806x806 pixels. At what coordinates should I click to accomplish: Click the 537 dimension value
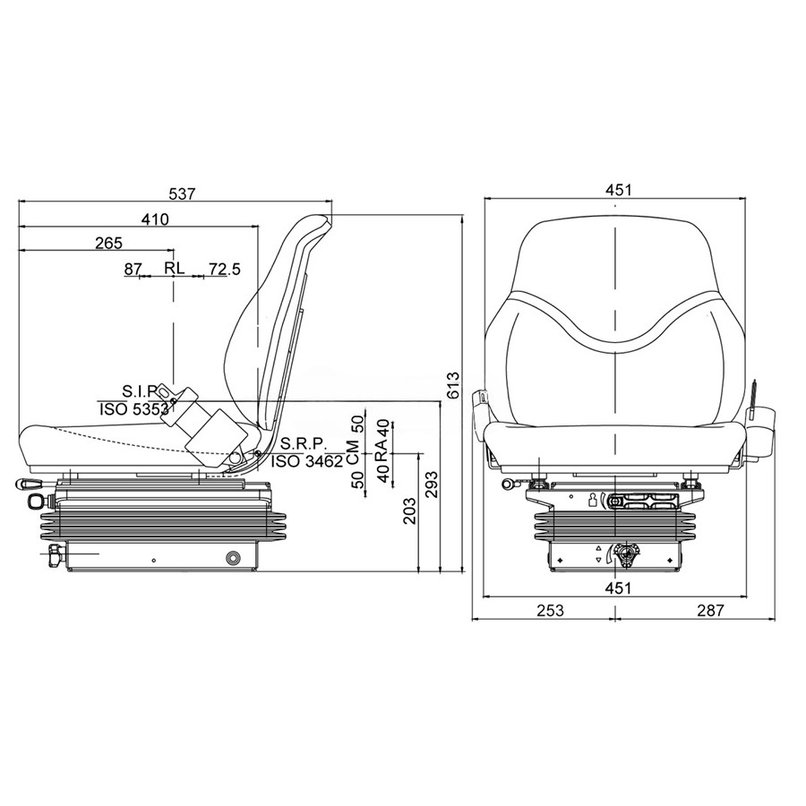pos(183,193)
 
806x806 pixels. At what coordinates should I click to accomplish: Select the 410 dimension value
pos(155,219)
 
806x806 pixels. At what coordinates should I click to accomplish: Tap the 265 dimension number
pos(109,243)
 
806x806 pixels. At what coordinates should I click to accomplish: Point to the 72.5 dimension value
pos(224,269)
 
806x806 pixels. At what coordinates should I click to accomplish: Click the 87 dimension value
pos(133,269)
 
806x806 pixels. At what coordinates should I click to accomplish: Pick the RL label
pos(175,267)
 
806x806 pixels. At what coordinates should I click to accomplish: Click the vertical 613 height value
pos(453,385)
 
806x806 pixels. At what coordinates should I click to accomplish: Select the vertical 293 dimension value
pos(433,484)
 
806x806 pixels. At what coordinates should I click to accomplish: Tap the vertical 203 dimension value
pos(409,510)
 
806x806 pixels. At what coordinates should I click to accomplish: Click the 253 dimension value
pos(551,610)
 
